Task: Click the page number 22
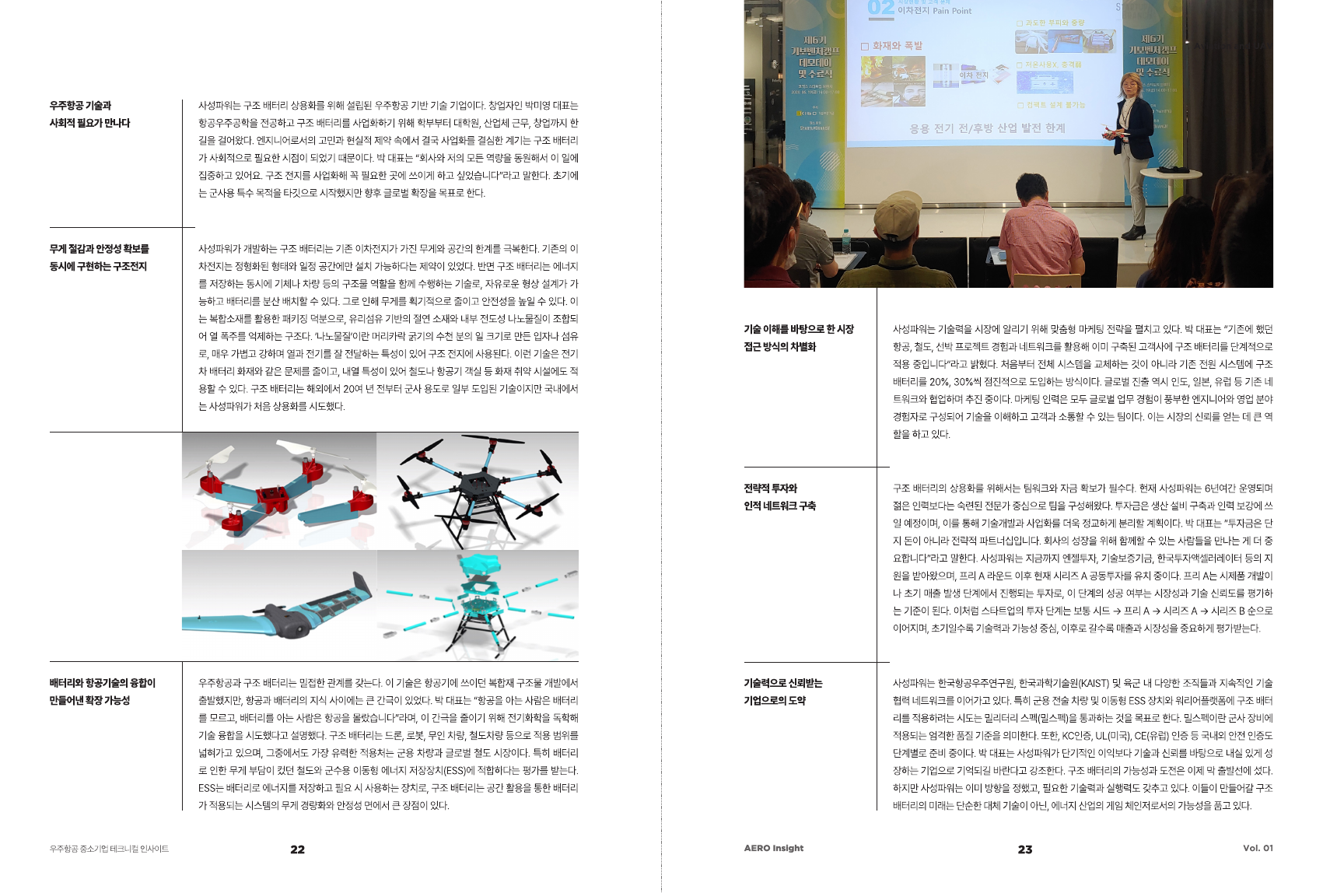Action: [297, 849]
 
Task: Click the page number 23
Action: [1025, 849]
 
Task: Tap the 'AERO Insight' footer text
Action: [773, 848]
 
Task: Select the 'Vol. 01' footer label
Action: [1257, 848]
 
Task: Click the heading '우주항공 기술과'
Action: [80, 106]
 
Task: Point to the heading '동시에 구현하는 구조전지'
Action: [98, 267]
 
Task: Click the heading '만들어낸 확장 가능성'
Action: [89, 701]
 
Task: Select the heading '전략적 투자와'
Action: [770, 489]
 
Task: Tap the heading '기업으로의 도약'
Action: [775, 701]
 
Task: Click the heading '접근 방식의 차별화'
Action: [779, 347]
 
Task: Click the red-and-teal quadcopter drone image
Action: [278, 490]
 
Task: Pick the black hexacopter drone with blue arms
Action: [478, 490]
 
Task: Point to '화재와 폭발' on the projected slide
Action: [897, 46]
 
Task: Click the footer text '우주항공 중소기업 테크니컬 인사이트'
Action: [109, 849]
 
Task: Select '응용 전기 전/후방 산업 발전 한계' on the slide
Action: [987, 128]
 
